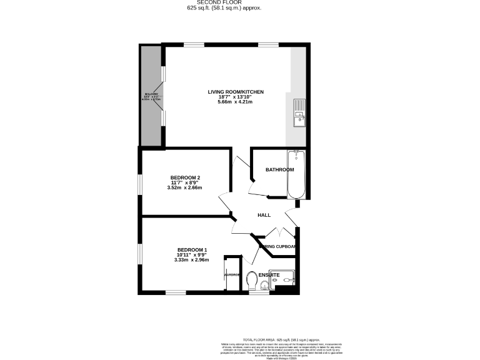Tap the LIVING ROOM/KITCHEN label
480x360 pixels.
236,92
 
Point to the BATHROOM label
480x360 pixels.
279,170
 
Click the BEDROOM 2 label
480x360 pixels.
185,177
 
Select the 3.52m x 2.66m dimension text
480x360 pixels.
185,187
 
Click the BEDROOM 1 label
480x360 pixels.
192,250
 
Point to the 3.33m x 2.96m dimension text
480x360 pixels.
192,260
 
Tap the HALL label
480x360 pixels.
264,216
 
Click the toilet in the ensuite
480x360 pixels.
252,279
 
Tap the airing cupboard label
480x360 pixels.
277,246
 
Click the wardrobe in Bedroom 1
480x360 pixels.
232,274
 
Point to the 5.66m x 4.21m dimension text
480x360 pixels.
236,102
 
